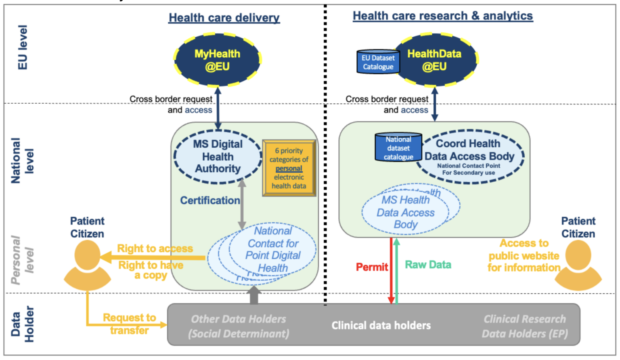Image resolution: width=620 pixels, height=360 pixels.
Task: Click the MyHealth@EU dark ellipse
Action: [x=218, y=60]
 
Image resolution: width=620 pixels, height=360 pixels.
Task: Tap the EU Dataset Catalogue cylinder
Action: [x=378, y=62]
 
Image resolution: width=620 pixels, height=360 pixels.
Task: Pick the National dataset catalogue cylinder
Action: [x=398, y=148]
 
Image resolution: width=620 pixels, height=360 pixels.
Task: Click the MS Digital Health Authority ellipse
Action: [x=218, y=157]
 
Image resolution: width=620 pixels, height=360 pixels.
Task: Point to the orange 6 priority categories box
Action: [x=289, y=168]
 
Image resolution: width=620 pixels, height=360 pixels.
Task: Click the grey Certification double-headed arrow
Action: [x=242, y=205]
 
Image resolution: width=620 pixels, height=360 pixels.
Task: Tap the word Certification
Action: [x=209, y=201]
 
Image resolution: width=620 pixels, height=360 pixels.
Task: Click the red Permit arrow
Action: [x=391, y=270]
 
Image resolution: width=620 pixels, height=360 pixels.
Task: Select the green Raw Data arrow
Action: [x=397, y=270]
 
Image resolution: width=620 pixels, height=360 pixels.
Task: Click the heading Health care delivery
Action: [x=224, y=18]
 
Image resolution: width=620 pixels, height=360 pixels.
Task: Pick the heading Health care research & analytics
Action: [x=443, y=16]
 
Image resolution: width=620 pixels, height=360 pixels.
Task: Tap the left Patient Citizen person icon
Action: [x=87, y=264]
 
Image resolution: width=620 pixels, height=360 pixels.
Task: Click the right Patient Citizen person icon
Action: [x=578, y=264]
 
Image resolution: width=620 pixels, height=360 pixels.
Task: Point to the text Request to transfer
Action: [x=129, y=324]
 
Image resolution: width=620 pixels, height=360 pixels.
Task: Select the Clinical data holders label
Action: [x=381, y=325]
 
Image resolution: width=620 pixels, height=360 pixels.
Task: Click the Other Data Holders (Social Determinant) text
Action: [x=239, y=326]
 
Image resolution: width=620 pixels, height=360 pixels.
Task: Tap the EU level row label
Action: [x=23, y=47]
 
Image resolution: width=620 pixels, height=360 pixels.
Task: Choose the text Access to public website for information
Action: [x=524, y=255]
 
